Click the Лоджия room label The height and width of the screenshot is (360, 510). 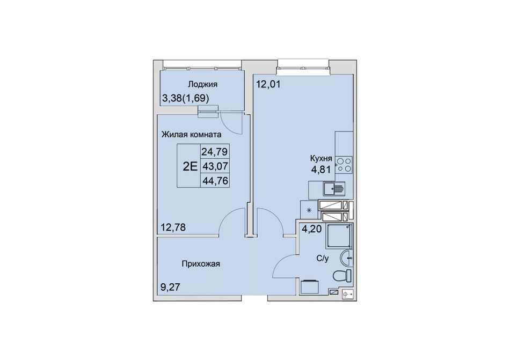(202, 84)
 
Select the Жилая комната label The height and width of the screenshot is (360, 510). (192, 134)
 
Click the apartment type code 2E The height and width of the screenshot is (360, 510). (190, 167)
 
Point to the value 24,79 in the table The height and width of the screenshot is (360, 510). (215, 151)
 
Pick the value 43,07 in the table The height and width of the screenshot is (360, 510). (215, 166)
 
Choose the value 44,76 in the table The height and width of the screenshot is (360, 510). (215, 180)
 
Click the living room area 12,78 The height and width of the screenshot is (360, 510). (173, 227)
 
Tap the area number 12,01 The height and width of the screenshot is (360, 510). (268, 84)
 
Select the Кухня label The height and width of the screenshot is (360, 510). (321, 159)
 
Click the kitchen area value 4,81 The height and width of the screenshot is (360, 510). (321, 170)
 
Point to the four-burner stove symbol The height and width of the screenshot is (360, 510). (344, 164)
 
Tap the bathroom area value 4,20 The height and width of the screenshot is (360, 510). (311, 229)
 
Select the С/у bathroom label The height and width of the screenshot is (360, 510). (323, 259)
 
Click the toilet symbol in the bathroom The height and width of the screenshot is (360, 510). (343, 276)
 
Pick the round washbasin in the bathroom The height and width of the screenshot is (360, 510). (346, 258)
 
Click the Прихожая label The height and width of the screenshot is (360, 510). (201, 264)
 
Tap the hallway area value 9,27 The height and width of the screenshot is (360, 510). (170, 287)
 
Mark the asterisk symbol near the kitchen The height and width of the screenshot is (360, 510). (309, 210)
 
